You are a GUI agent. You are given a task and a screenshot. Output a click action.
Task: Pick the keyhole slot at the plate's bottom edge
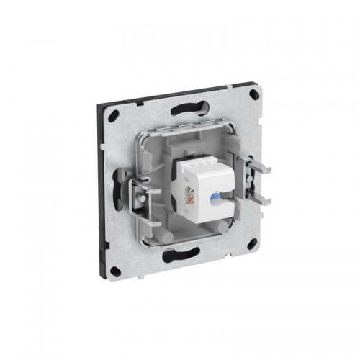tap(180, 253)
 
